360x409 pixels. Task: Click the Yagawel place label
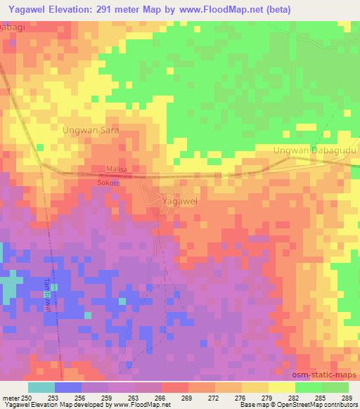click(x=179, y=201)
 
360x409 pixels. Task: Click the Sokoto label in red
click(x=109, y=183)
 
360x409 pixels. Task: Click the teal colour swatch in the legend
click(x=41, y=387)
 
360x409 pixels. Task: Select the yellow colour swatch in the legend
click(x=282, y=387)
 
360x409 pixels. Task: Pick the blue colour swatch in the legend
click(x=68, y=387)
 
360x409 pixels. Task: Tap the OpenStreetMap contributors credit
click(x=314, y=405)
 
